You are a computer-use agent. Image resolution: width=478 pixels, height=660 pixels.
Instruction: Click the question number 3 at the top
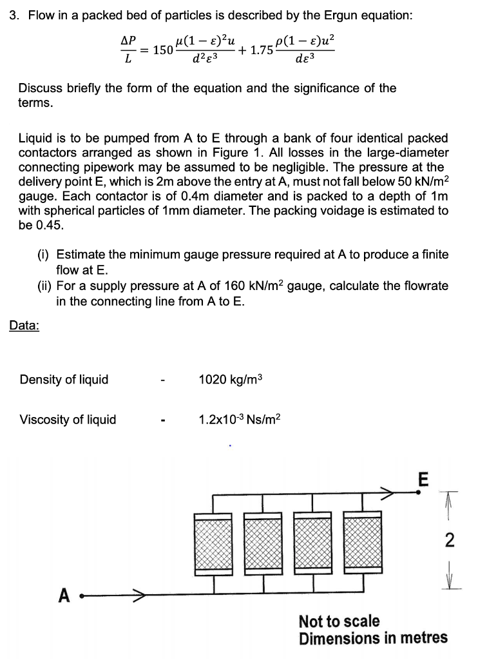[x=13, y=16]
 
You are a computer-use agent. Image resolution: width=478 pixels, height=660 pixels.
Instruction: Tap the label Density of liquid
[x=64, y=380]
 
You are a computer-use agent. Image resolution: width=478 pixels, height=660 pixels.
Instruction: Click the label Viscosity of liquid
[x=68, y=420]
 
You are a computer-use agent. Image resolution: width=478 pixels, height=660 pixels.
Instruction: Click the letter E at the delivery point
[x=423, y=479]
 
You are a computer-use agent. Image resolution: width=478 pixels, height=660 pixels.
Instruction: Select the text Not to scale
[x=339, y=622]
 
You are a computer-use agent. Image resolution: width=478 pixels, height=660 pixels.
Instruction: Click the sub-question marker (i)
[x=44, y=255]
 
